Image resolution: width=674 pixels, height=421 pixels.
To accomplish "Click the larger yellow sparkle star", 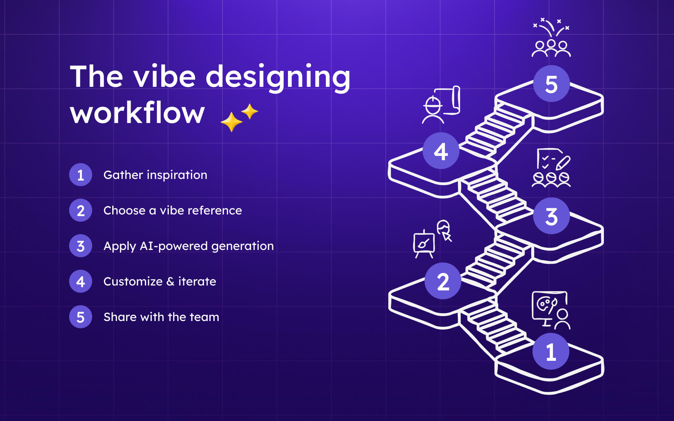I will (231, 122).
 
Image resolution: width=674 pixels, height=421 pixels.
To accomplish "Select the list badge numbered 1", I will (81, 175).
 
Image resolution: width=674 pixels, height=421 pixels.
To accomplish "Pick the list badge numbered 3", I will (81, 246).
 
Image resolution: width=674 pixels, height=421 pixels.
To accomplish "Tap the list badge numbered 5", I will (81, 317).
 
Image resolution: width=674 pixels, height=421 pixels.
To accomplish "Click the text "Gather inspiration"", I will (155, 175).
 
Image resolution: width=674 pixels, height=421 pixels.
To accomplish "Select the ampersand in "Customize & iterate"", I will (170, 282).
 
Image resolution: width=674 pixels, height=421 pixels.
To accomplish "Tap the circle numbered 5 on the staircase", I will (551, 84).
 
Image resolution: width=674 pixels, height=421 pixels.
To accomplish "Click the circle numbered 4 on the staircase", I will (441, 151).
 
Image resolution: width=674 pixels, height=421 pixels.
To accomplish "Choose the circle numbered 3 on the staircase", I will (551, 216).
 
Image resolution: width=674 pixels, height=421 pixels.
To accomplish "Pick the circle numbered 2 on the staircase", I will (443, 281).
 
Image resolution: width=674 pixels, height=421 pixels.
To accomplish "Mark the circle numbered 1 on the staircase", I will (551, 351).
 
